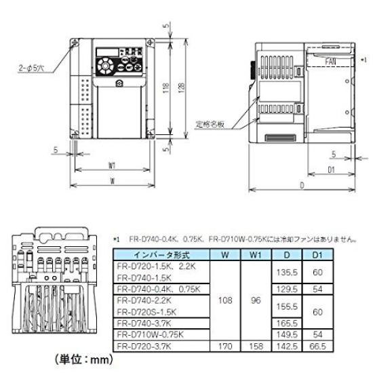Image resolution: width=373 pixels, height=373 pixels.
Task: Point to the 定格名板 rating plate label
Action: coord(208,123)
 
